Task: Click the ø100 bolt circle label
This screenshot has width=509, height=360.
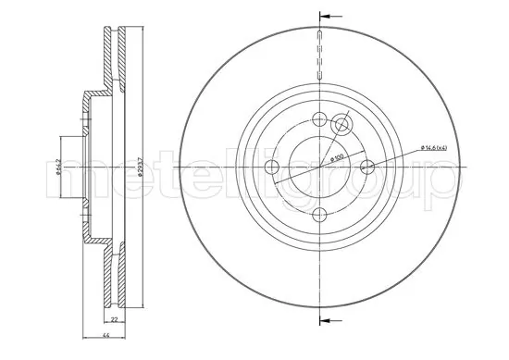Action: pos(339,162)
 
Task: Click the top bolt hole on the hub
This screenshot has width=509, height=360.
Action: pos(319,119)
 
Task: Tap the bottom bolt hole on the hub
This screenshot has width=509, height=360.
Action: pos(319,215)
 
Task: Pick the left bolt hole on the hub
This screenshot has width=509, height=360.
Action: pos(272,168)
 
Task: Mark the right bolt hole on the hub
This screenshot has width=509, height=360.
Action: pos(366,168)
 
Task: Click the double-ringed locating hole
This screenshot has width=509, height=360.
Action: pos(342,125)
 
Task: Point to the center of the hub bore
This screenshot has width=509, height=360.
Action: pos(319,168)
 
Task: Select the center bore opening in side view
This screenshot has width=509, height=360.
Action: pos(74,168)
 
